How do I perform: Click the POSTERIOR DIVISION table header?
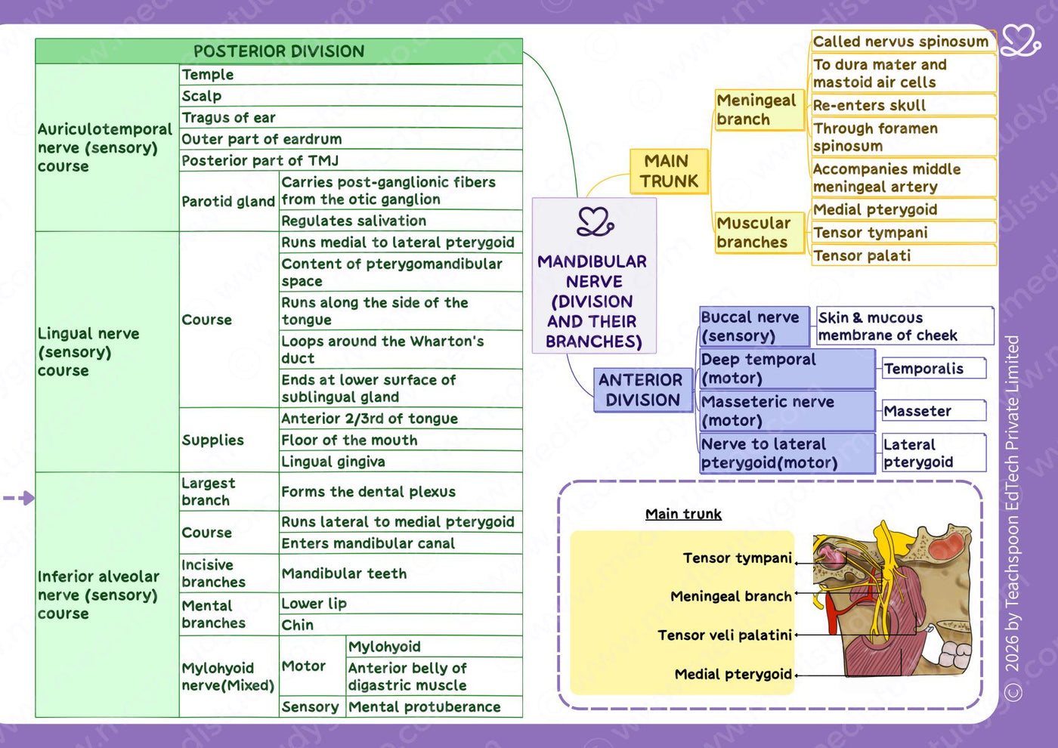click(279, 51)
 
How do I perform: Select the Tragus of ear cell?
click(351, 118)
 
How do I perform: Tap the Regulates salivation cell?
click(401, 221)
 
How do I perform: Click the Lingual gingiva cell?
click(401, 462)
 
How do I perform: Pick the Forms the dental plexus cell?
click(401, 492)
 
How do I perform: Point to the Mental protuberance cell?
click(434, 706)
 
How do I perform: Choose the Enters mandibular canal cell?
click(401, 543)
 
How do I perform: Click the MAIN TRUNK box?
click(669, 171)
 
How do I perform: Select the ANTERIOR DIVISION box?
click(643, 390)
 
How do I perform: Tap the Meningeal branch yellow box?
click(759, 110)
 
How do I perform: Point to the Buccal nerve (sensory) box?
click(754, 326)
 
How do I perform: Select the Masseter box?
click(934, 411)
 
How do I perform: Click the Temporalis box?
click(934, 369)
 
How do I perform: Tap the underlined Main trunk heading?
click(683, 514)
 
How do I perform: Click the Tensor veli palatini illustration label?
click(725, 635)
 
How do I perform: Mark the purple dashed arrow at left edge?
click(19, 498)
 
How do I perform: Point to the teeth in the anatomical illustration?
click(953, 654)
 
